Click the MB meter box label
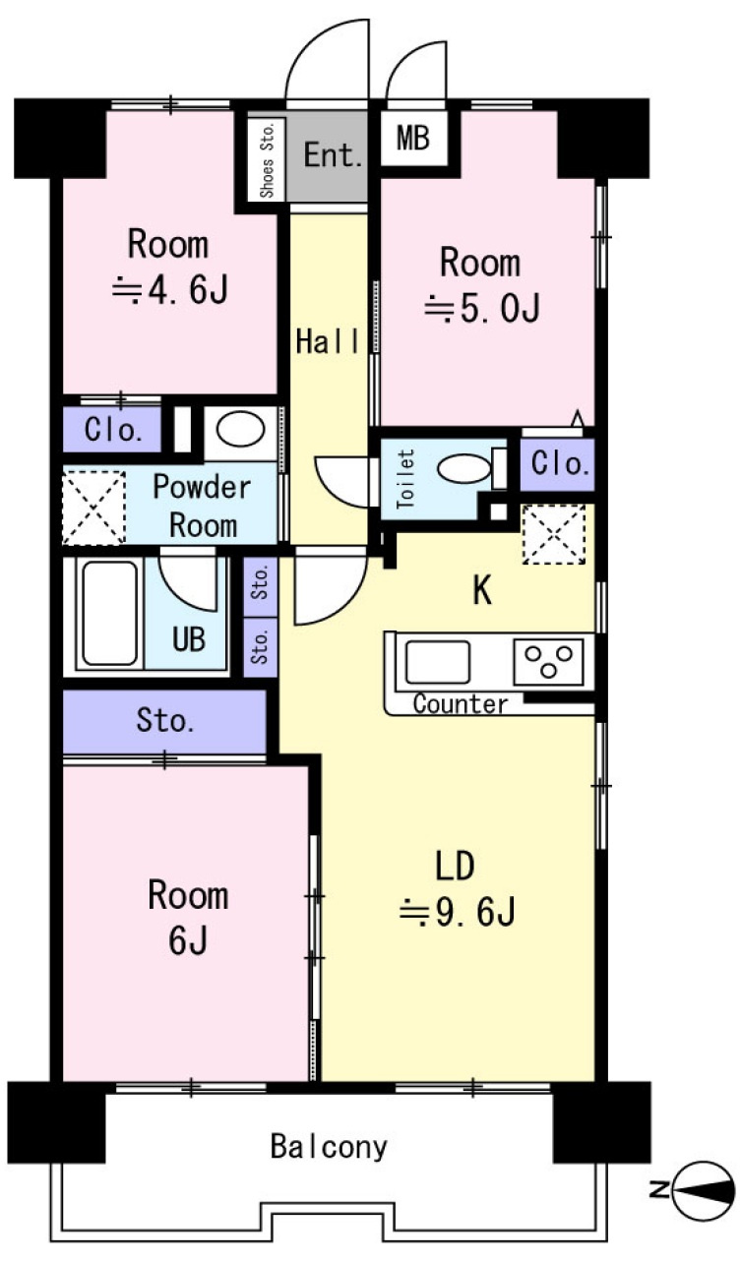(x=413, y=138)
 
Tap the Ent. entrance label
(x=333, y=154)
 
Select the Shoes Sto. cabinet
(x=267, y=159)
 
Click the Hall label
(x=328, y=341)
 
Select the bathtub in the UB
(x=109, y=614)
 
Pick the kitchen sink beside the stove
(x=437, y=661)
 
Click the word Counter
(x=461, y=704)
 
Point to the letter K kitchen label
(x=482, y=591)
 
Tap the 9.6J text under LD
(x=457, y=912)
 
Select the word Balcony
(x=329, y=1146)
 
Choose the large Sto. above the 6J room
(x=165, y=721)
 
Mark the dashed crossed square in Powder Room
(x=93, y=507)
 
